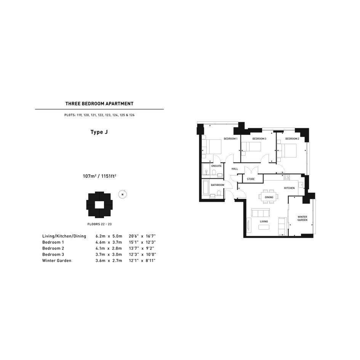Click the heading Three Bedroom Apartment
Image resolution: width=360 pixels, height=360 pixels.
click(99, 104)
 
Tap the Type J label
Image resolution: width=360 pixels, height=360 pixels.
click(99, 132)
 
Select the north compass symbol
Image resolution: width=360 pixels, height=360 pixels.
click(123, 194)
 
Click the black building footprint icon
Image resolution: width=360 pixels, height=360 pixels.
click(99, 205)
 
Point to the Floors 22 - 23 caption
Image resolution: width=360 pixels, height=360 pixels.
click(99, 224)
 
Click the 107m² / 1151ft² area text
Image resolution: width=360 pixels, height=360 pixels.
click(99, 176)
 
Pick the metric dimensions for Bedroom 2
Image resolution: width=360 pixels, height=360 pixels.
click(109, 248)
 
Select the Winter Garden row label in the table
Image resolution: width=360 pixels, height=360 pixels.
click(57, 261)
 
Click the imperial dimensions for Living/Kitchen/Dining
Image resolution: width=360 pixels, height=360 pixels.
click(142, 236)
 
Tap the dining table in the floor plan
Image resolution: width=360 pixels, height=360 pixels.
click(269, 197)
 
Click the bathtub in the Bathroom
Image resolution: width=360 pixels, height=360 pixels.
click(206, 187)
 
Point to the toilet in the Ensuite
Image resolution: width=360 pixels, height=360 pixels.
click(214, 173)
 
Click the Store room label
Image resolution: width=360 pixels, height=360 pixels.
click(251, 179)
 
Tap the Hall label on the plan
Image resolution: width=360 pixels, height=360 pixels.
click(235, 169)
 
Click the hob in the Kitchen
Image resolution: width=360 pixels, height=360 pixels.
click(287, 177)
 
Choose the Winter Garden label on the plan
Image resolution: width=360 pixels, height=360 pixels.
click(302, 218)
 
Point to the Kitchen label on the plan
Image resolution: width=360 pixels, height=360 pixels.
click(289, 188)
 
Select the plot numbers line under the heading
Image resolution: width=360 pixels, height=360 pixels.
click(99, 115)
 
